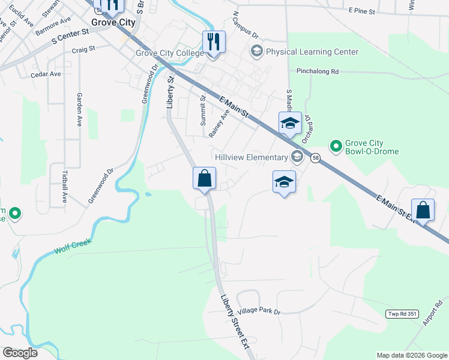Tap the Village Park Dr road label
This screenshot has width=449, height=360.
[259, 312]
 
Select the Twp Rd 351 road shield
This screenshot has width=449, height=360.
[401, 314]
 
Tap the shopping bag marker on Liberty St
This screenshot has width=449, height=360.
[204, 178]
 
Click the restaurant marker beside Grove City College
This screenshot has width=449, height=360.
[214, 42]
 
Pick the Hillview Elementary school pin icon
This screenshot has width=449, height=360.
[297, 157]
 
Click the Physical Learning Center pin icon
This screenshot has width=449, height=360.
[258, 52]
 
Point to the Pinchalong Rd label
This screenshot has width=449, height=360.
[318, 71]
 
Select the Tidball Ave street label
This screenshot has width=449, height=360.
[65, 187]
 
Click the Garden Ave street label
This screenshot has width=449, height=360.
[79, 109]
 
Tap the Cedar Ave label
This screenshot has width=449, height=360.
[46, 74]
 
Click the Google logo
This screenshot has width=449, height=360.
[20, 353]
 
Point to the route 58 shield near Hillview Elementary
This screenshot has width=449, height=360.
[316, 158]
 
